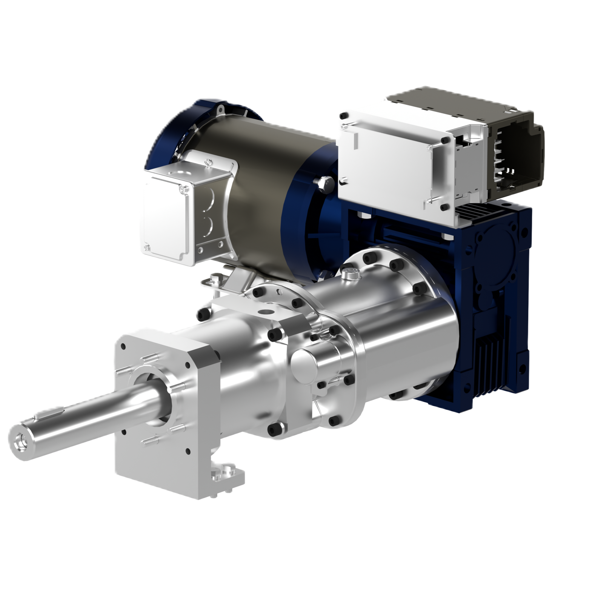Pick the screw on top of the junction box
208,163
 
